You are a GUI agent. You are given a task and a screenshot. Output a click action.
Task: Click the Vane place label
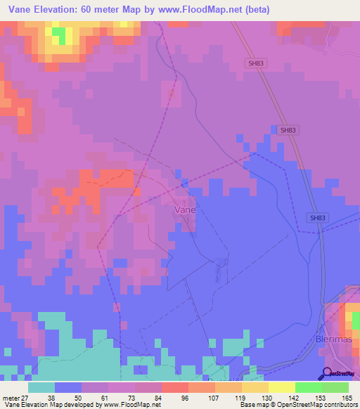184,209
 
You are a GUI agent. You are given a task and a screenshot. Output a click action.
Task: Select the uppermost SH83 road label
256,63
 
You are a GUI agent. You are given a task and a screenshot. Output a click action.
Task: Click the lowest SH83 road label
318,218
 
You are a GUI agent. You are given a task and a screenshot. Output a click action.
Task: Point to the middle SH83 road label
287,130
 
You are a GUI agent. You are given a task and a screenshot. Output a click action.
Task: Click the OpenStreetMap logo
340,373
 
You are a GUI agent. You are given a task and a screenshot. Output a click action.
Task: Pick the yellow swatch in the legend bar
281,387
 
